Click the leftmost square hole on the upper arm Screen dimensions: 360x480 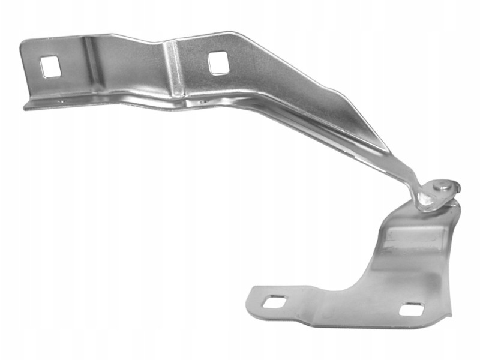coord(50,67)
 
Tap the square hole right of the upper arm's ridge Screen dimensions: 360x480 coord(218,62)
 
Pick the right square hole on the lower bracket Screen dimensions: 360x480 coord(411,310)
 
